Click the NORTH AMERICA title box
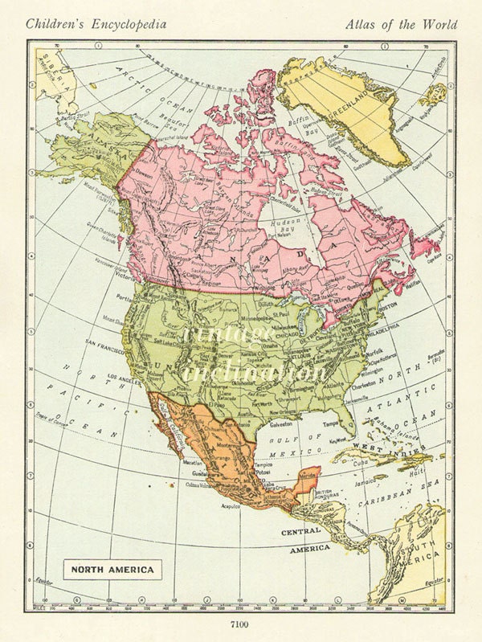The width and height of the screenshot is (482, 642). [x=112, y=570]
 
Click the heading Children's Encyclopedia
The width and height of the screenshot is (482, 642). [x=97, y=24]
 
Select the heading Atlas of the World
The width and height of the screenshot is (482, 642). [x=401, y=24]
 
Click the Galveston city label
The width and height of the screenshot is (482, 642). [x=280, y=423]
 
